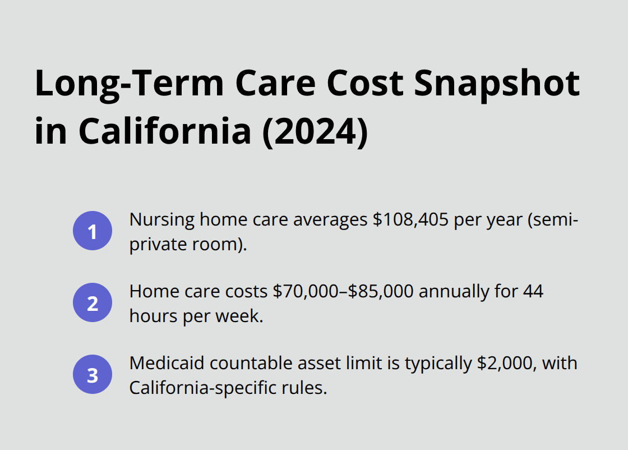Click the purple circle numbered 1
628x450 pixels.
(93, 231)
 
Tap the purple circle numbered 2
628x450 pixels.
(93, 303)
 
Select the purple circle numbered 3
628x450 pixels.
(93, 375)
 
